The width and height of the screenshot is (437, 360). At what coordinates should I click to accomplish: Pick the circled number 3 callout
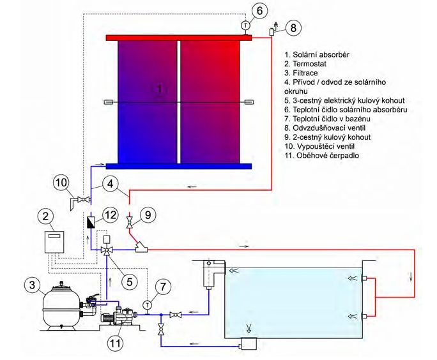pyautogui.click(x=33, y=283)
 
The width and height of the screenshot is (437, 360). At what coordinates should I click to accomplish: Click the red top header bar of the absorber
pyautogui.click(x=179, y=37)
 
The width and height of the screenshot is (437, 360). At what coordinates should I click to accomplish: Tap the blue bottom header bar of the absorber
pyautogui.click(x=179, y=166)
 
